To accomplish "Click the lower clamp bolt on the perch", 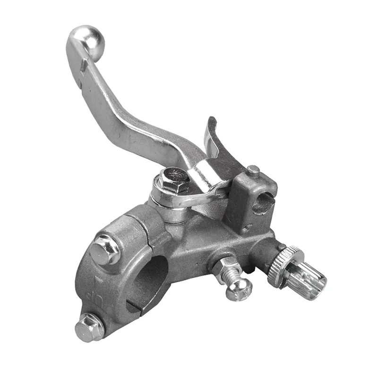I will [89, 326].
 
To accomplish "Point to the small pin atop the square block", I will [254, 170].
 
